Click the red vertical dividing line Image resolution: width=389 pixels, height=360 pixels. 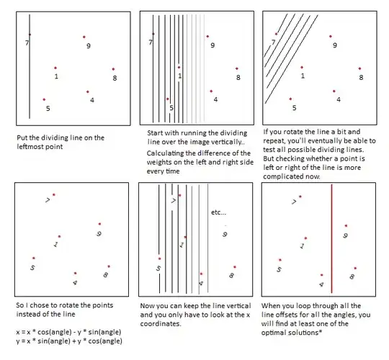[331, 238]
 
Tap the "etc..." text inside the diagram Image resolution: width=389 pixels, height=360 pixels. [218, 212]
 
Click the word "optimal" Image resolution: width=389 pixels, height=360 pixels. [271, 333]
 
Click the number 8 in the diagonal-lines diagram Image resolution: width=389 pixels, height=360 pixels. [361, 78]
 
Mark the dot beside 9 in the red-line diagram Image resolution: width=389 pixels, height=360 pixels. [346, 226]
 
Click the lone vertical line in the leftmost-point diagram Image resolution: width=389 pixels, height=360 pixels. [30, 66]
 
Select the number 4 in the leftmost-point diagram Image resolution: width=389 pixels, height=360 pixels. [92, 100]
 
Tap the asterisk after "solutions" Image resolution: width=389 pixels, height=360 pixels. [321, 331]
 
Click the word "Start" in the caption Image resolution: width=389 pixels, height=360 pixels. [155, 133]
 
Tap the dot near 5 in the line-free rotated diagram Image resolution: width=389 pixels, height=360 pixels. [34, 258]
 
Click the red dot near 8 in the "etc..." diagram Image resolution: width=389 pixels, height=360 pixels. [235, 267]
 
